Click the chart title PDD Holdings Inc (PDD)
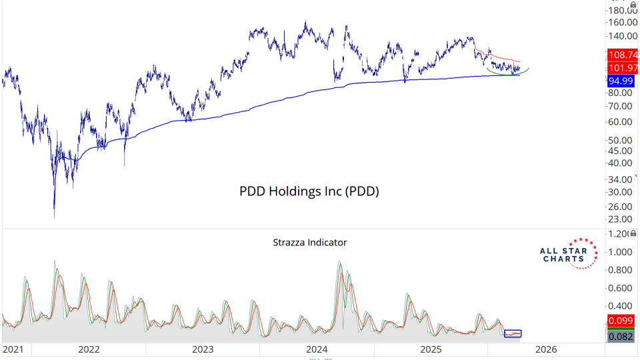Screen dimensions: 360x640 [309, 191]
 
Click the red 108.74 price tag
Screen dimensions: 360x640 [621, 55]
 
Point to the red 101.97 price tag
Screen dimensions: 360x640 [621, 69]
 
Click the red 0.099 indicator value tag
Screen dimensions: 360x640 [621, 321]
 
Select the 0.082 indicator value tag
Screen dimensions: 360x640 [621, 337]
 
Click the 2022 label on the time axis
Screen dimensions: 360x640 [89, 349]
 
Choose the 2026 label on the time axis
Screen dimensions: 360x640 [546, 349]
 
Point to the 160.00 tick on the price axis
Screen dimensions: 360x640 [621, 21]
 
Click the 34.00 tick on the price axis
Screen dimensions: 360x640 [621, 179]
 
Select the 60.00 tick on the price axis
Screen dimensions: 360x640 [621, 122]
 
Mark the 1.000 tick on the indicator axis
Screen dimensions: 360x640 [621, 252]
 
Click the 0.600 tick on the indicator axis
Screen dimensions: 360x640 [621, 288]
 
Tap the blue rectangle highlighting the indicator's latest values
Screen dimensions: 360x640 [513, 333]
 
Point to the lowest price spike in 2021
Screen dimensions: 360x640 [54, 215]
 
